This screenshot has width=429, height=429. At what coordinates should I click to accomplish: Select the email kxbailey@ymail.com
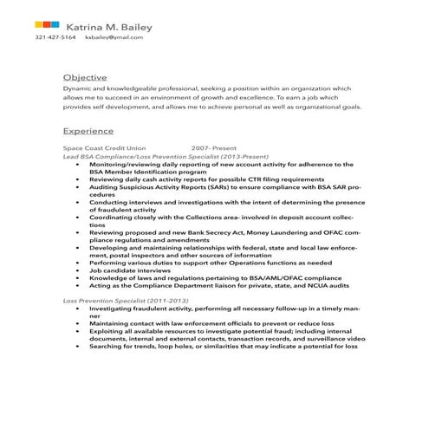(x=113, y=37)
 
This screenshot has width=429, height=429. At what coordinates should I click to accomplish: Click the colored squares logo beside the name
(x=48, y=23)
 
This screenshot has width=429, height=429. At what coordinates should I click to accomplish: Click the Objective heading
(x=85, y=77)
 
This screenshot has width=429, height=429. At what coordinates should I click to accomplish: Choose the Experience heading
(x=88, y=131)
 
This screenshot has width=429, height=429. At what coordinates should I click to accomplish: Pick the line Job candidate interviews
(x=131, y=270)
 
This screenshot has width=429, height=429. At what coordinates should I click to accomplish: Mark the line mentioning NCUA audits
(x=218, y=284)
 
